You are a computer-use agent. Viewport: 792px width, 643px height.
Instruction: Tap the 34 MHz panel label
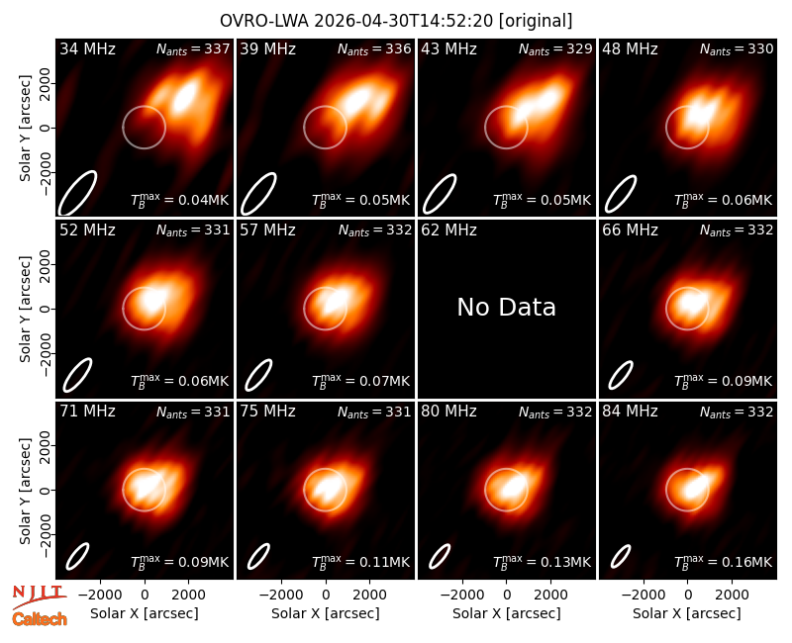tap(87, 48)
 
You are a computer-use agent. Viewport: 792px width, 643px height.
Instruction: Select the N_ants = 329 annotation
tap(555, 48)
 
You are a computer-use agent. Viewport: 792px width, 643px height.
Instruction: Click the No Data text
tap(506, 307)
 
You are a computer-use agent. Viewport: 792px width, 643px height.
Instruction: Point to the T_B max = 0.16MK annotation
tap(723, 561)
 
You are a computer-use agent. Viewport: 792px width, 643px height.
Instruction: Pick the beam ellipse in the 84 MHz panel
tap(621, 556)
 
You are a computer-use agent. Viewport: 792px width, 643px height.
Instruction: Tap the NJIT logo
tap(40, 595)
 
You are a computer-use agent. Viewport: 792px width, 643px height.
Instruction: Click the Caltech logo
tap(40, 619)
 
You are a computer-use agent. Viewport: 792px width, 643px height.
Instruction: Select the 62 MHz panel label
tap(448, 230)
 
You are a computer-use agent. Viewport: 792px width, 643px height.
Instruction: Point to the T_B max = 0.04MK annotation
tap(179, 200)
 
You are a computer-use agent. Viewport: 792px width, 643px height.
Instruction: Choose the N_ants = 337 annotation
tap(193, 48)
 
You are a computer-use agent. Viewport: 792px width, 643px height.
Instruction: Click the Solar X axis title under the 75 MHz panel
tap(326, 613)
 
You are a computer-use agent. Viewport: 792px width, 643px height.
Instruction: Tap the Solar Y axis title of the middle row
tap(25, 309)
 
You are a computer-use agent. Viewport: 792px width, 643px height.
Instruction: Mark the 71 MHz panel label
tap(87, 412)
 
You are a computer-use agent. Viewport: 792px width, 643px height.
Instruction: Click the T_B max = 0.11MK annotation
tap(360, 561)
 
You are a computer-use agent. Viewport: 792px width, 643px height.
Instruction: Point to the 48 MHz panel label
tap(630, 48)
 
